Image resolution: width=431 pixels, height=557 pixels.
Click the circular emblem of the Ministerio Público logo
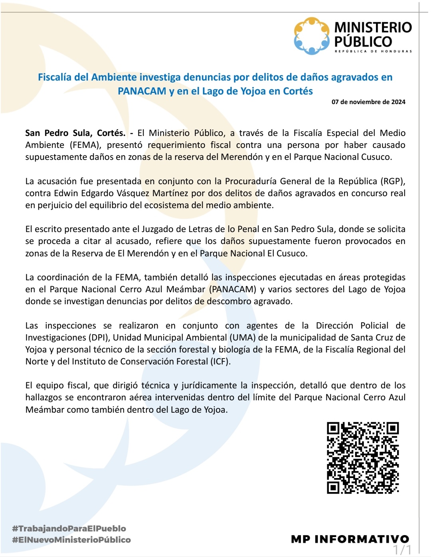[x=312, y=36]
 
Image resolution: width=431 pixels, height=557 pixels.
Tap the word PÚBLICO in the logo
[x=363, y=41]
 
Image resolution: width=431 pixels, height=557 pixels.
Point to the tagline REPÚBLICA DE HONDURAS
[x=373, y=51]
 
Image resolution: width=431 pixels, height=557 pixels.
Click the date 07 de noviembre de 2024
[x=368, y=102]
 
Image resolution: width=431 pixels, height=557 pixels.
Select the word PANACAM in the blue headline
[x=142, y=91]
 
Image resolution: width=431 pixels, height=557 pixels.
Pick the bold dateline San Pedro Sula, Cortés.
[x=75, y=133]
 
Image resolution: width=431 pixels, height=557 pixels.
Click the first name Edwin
[x=64, y=193]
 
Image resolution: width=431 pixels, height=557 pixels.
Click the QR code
[x=363, y=458]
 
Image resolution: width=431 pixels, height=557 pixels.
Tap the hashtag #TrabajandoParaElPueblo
[x=69, y=528]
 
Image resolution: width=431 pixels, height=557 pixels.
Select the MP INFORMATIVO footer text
[x=350, y=539]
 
